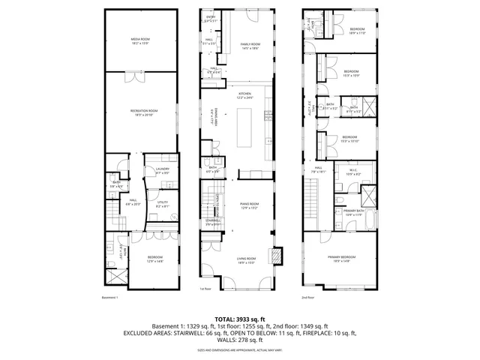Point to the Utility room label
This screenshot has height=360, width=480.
[163, 204]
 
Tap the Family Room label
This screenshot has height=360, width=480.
[250, 46]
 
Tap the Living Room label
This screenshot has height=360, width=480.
[247, 261]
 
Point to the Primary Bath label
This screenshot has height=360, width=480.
[353, 214]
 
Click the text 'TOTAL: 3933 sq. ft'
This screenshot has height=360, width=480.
[240, 319]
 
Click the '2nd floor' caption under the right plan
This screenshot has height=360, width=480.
[308, 297]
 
